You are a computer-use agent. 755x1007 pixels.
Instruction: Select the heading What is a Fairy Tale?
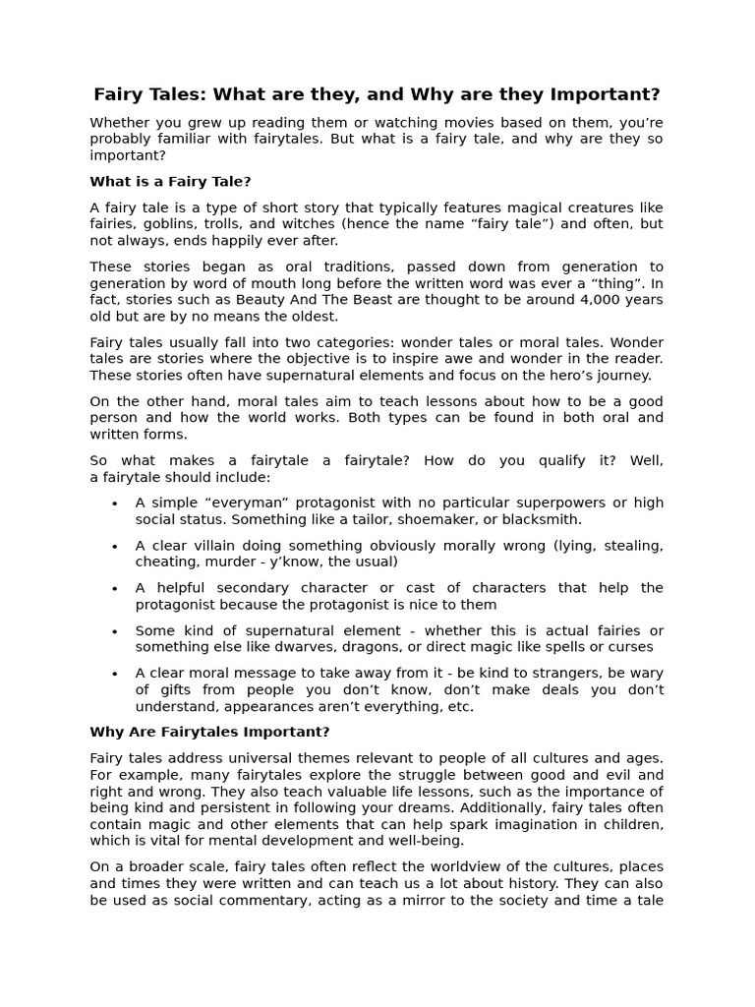point(170,181)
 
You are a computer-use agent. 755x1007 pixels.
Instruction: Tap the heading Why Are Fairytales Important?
point(209,732)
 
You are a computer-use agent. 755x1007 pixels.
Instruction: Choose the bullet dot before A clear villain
point(115,546)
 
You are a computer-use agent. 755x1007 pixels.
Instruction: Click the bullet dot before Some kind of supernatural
point(115,631)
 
